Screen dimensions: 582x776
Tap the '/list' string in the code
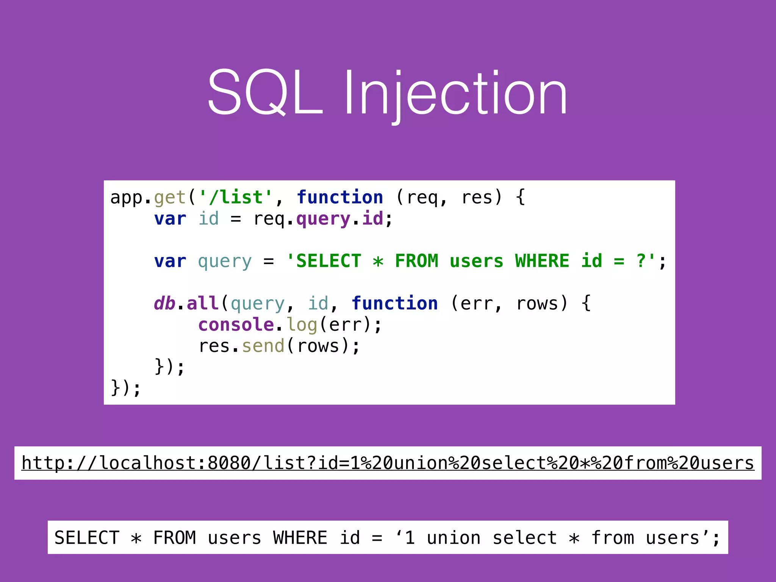coord(236,197)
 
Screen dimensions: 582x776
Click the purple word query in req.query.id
coord(323,219)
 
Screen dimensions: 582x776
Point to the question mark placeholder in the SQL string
coord(641,261)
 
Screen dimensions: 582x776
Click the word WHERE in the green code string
coord(542,261)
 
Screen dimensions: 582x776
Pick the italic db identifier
coord(164,304)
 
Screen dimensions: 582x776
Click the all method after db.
coord(203,304)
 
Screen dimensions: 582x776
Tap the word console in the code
coord(236,325)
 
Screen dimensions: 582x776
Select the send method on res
coord(263,346)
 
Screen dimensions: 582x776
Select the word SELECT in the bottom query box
coord(87,538)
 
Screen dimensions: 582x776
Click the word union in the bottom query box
coord(454,538)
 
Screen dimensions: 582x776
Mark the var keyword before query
coord(170,261)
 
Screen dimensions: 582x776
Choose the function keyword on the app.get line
coord(340,197)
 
